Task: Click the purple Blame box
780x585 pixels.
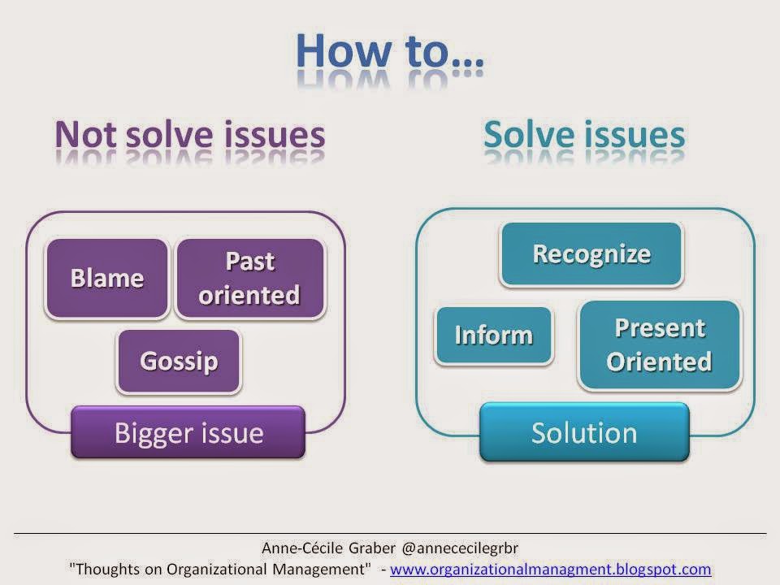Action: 107,278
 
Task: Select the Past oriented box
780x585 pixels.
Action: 250,278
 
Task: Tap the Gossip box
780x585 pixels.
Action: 179,361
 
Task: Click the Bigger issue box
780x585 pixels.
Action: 188,431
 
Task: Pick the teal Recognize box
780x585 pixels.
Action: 591,254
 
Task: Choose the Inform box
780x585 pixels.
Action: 494,336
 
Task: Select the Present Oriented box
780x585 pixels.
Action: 660,344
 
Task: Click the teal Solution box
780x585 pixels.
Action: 584,432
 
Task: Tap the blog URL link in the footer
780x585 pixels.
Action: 550,569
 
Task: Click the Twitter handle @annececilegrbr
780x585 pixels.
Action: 460,548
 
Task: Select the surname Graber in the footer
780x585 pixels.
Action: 372,548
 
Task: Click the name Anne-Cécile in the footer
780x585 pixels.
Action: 302,548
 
